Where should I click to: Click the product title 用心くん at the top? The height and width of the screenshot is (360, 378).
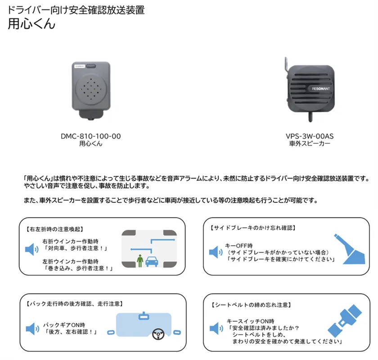(x=31, y=24)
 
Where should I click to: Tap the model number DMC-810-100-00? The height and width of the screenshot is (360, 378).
(x=90, y=136)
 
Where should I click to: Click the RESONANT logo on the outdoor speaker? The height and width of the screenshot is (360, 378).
(x=322, y=89)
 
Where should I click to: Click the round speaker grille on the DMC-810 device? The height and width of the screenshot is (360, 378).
(x=90, y=90)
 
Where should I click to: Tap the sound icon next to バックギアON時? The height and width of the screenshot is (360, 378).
(x=32, y=328)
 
